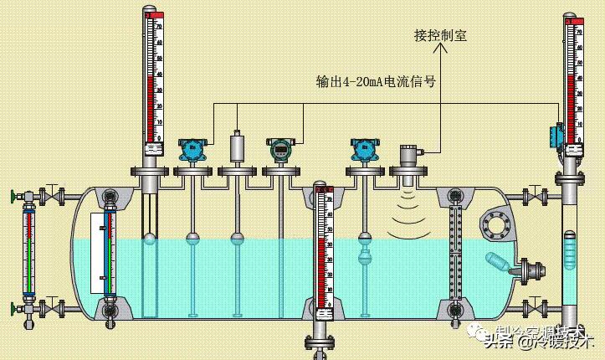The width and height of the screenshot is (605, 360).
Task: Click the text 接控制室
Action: [440, 36]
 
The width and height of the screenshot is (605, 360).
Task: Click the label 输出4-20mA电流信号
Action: [376, 82]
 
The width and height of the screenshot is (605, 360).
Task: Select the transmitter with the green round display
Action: [279, 149]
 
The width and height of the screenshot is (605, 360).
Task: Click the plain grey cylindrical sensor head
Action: [237, 146]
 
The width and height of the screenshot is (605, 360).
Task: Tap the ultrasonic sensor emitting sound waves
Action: [408, 157]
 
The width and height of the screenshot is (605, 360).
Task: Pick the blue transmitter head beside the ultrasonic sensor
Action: [364, 149]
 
